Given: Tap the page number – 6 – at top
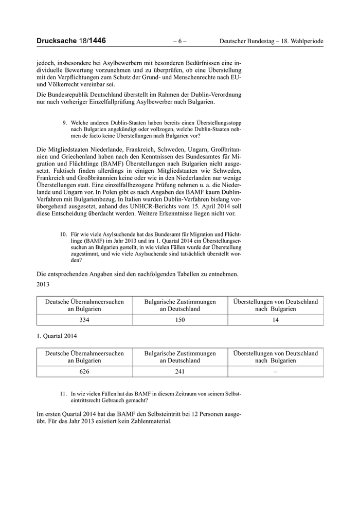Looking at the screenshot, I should tap(179, 41).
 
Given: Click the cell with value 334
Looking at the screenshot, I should tap(85, 320).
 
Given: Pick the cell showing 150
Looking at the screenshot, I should tap(179, 320).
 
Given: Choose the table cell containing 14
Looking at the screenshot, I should tap(275, 320).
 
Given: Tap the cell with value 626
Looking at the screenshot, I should tap(85, 371).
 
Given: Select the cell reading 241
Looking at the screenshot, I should tap(179, 371).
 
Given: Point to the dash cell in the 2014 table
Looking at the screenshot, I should tap(275, 371).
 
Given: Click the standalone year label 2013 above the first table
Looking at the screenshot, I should tap(45, 284).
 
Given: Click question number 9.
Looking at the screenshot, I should tap(64, 123).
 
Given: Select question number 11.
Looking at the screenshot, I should tap(64, 393).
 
